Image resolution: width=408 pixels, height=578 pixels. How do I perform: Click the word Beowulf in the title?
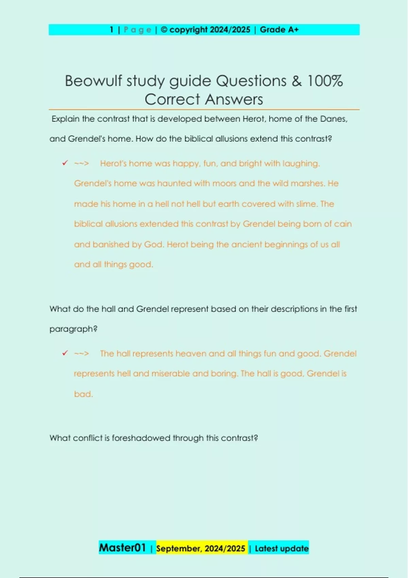coord(93,81)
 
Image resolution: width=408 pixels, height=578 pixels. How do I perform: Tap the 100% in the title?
coord(325,81)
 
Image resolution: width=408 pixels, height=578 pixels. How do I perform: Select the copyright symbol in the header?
coord(164,30)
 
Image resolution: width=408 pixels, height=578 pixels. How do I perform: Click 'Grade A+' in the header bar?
coord(279,30)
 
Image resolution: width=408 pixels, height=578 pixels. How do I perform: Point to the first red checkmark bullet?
coord(65,163)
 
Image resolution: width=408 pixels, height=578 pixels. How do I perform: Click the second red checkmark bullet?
coord(65,353)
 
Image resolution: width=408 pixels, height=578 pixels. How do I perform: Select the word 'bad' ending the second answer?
coord(83,394)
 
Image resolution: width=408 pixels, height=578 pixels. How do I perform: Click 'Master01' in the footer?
coord(122,548)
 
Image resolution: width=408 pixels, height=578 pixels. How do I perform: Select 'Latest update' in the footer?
coord(282,548)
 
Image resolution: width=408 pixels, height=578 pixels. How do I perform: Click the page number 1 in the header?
coord(112,30)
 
